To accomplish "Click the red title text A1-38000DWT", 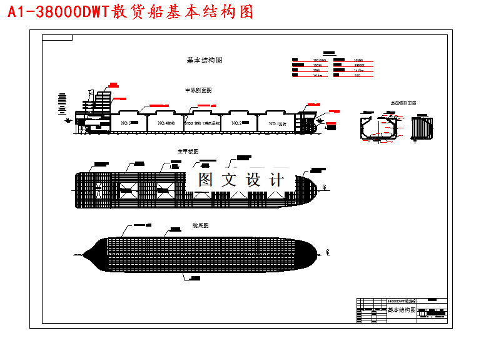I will point(59,13).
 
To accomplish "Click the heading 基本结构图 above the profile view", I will point(205,61).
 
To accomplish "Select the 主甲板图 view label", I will point(188,152).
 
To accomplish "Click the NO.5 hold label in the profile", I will point(124,124).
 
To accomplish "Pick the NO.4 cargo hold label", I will point(165,123).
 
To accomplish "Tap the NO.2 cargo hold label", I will point(236,123).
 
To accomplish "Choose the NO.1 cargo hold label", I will point(276,124).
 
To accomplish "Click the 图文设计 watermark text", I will point(241,180).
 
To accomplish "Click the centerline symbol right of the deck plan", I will point(325,187).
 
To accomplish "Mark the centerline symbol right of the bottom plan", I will point(327,253).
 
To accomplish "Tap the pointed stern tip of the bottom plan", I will point(84,254).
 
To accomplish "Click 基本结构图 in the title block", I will point(402,311).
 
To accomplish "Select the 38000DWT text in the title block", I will point(402,301).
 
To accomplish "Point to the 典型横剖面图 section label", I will point(403,103).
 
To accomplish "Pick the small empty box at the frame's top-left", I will point(57,38).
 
